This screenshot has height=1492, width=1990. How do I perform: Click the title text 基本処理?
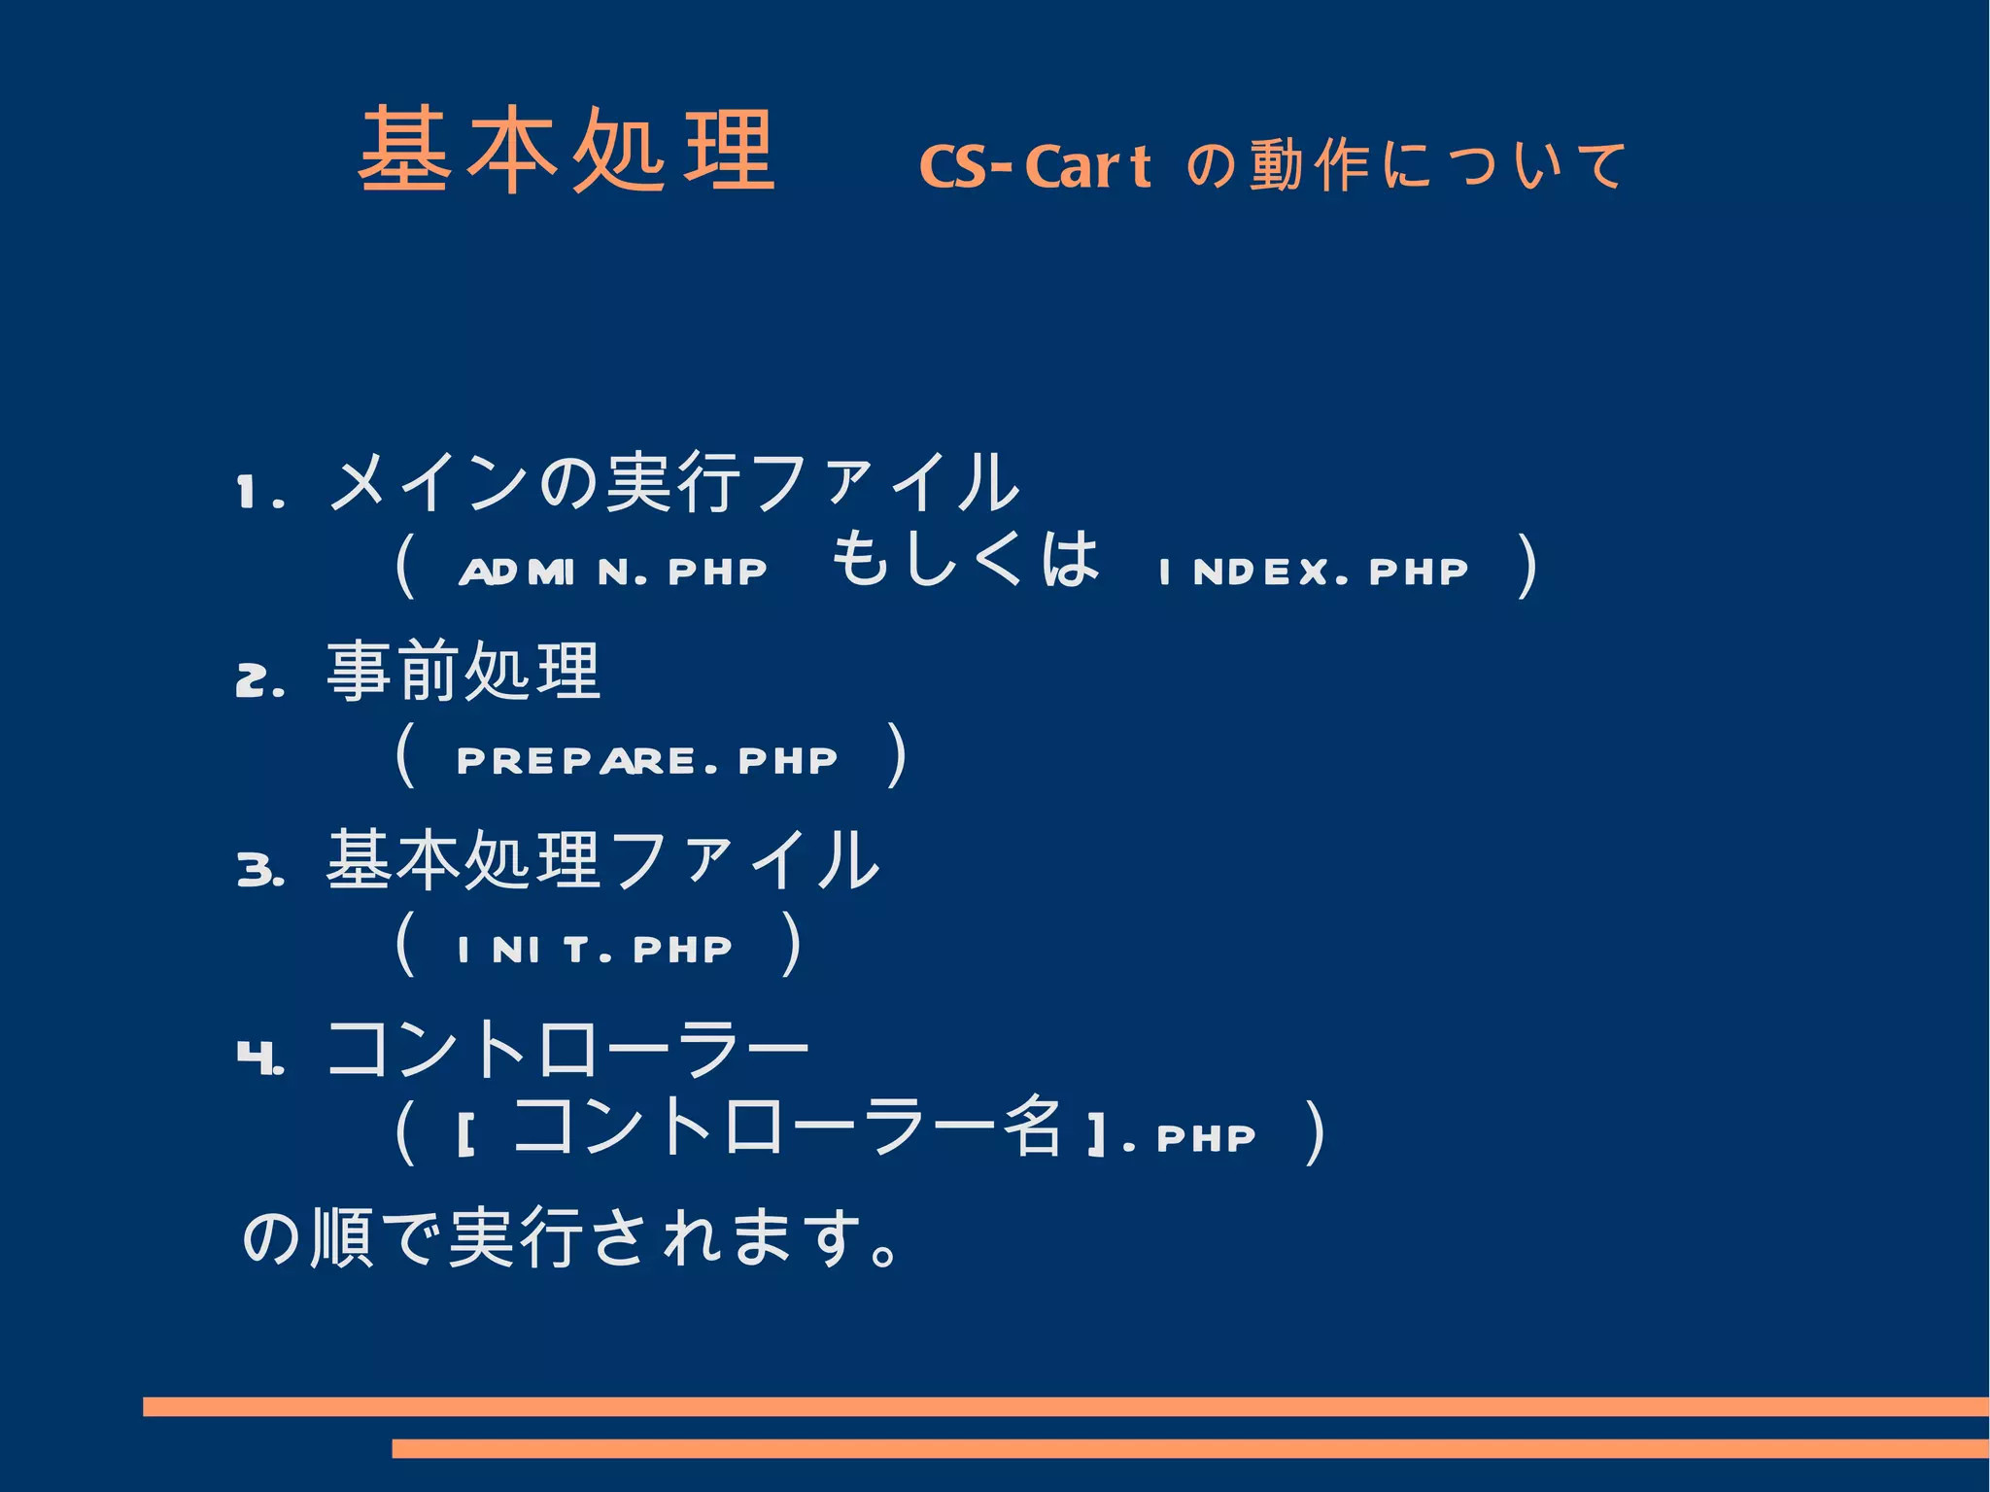pyautogui.click(x=566, y=151)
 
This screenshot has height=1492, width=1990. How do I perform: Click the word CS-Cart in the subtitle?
pyautogui.click(x=1034, y=166)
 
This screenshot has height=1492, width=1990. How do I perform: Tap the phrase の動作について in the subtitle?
pyautogui.click(x=1405, y=165)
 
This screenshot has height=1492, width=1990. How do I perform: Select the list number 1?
pyautogui.click(x=257, y=493)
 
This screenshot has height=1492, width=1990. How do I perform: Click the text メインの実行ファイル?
pyautogui.click(x=673, y=483)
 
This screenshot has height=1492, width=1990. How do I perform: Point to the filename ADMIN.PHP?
pyautogui.click(x=612, y=572)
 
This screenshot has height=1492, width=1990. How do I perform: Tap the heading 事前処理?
pyautogui.click(x=463, y=672)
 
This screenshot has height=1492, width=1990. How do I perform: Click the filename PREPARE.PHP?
pyautogui.click(x=646, y=760)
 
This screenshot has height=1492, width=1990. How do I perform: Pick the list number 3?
pyautogui.click(x=258, y=869)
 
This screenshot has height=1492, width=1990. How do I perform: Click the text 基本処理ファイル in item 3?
pyautogui.click(x=602, y=860)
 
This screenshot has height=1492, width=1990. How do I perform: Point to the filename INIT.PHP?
pyautogui.click(x=594, y=949)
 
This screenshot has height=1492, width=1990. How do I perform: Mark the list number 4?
pyautogui.click(x=258, y=1057)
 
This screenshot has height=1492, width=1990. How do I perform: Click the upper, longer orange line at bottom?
pyautogui.click(x=1065, y=1406)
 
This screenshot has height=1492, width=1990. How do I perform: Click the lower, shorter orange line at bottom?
pyautogui.click(x=1189, y=1448)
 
